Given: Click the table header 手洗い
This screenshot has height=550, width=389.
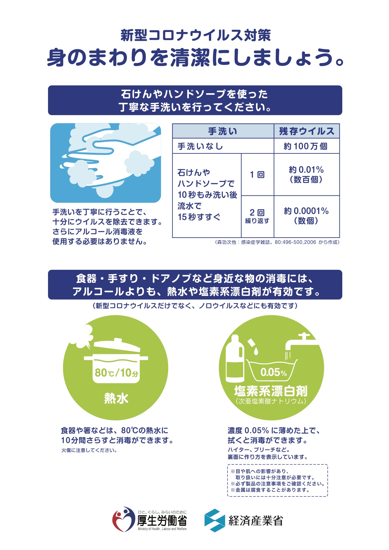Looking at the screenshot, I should tap(223, 131).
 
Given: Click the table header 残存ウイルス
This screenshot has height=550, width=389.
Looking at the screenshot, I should tap(306, 131).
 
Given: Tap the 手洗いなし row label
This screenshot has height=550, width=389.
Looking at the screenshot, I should tap(200, 146).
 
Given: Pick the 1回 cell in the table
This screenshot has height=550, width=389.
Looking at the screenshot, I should tap(257, 175).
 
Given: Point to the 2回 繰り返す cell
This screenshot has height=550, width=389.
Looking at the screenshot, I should tap(257, 216).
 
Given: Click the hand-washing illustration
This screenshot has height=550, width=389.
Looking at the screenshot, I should tap(105, 163).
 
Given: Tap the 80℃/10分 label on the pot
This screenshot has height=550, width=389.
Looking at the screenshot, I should tap(116, 373).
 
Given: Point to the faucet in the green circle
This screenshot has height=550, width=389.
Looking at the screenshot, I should tap(301, 344).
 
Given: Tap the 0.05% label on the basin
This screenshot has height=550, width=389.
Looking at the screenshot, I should tap(273, 372).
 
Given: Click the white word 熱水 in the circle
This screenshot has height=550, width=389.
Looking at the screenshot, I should tap(116, 398).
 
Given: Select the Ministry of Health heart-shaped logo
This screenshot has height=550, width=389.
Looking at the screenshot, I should tap(123, 519).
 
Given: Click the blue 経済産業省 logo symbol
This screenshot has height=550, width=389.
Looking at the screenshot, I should tap(215, 520).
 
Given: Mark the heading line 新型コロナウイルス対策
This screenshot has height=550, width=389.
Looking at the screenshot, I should tap(195, 35).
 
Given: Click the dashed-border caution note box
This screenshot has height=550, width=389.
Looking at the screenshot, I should tap(277, 480).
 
